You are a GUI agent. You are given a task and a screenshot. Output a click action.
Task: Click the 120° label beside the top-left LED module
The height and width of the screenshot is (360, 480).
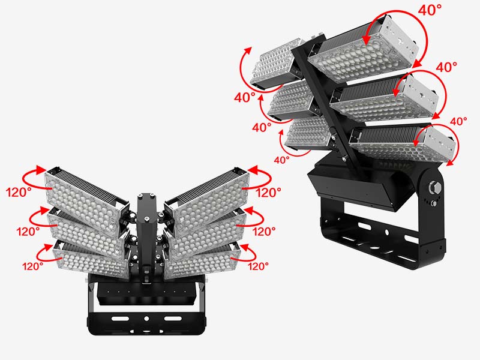19,192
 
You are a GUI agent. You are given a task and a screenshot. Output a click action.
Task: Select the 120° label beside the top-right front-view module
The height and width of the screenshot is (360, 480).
268,192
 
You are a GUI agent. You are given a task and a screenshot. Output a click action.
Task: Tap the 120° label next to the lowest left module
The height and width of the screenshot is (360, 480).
32,266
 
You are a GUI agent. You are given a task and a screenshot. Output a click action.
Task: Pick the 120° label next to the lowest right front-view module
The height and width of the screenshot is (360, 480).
258,266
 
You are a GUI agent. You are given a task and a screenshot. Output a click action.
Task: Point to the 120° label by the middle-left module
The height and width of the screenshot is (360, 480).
28,232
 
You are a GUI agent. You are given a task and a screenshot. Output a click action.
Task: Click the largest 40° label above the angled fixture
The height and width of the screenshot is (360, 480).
430,10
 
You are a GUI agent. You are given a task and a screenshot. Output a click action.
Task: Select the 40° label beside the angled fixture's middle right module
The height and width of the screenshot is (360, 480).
446,67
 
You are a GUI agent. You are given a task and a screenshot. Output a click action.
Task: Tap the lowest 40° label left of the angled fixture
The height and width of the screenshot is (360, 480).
281,160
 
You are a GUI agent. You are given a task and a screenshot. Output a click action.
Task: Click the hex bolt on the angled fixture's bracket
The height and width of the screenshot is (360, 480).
435,187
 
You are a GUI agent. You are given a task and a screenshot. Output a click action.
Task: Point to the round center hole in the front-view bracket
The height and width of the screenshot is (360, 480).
146,319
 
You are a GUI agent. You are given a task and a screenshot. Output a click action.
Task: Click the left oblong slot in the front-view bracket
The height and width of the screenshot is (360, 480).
120,319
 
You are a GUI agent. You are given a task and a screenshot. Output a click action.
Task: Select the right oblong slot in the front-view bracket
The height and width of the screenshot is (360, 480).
173,319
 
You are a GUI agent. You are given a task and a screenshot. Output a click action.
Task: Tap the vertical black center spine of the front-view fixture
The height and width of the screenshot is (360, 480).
145,236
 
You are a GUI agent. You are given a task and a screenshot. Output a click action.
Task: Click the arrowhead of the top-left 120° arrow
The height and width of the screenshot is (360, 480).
41,170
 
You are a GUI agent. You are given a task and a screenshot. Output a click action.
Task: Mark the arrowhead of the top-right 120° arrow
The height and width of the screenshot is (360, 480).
253,170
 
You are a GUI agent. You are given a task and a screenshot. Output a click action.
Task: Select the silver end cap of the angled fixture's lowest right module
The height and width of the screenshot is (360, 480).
443,145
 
